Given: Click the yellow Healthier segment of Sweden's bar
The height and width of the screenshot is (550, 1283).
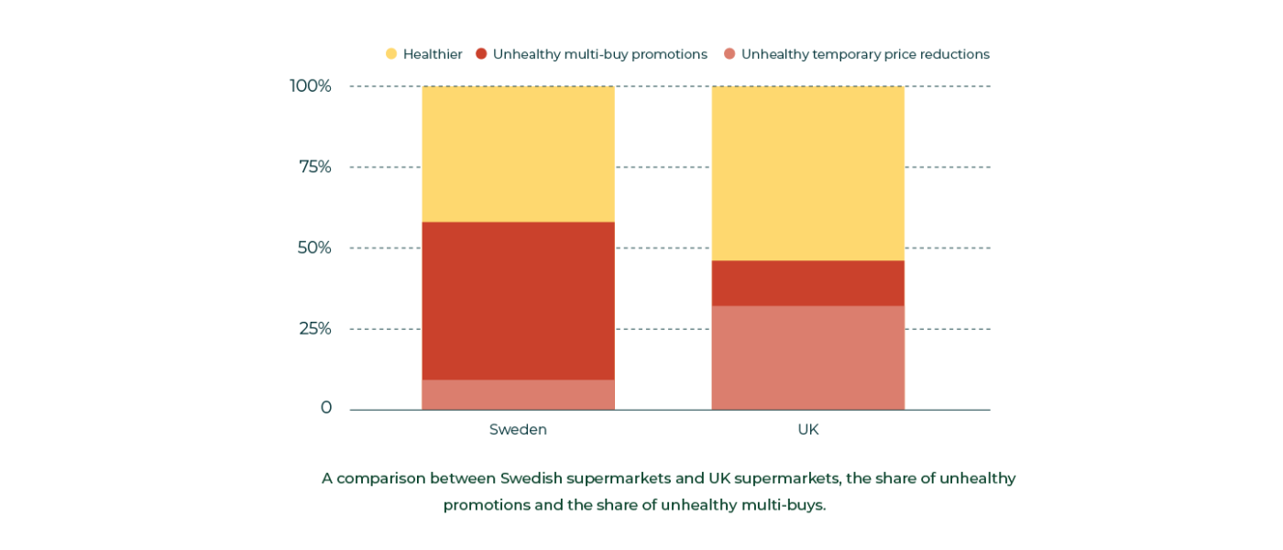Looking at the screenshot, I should click(x=518, y=154).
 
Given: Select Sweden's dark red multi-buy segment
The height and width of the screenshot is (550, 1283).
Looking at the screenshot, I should click(x=518, y=301).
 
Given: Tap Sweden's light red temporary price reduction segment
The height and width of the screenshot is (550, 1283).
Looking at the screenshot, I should click(x=518, y=395).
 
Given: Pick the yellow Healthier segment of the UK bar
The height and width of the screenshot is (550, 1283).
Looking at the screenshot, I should click(x=807, y=173).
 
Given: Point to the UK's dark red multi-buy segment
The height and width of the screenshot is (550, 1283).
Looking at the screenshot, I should click(x=807, y=283).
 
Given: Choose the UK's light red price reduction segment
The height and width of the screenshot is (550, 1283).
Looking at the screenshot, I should click(x=807, y=357).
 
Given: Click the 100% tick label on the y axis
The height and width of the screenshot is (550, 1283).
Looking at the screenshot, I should click(x=311, y=86).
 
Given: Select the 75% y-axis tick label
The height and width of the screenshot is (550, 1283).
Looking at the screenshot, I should click(x=315, y=167).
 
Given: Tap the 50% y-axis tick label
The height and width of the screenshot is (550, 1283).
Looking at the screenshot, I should click(x=314, y=247).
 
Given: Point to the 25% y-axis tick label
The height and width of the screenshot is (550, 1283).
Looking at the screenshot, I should click(x=315, y=328).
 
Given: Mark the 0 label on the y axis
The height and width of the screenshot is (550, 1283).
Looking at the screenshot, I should click(x=326, y=408).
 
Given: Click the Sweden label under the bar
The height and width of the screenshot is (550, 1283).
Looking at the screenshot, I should click(x=518, y=430).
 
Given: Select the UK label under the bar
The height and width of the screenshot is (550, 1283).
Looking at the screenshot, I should click(x=807, y=430).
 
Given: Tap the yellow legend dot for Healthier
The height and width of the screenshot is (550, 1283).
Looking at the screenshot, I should click(x=391, y=54).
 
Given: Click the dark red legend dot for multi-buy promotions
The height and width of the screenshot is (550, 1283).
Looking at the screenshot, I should click(x=481, y=54).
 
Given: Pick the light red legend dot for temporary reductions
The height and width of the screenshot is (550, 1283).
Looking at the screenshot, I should click(x=729, y=54).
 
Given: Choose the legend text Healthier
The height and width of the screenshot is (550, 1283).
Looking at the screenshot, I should click(x=433, y=54).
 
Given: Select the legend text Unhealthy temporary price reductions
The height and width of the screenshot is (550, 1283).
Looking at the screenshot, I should click(x=865, y=54).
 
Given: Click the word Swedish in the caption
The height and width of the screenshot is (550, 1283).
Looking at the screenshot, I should click(x=531, y=478).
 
